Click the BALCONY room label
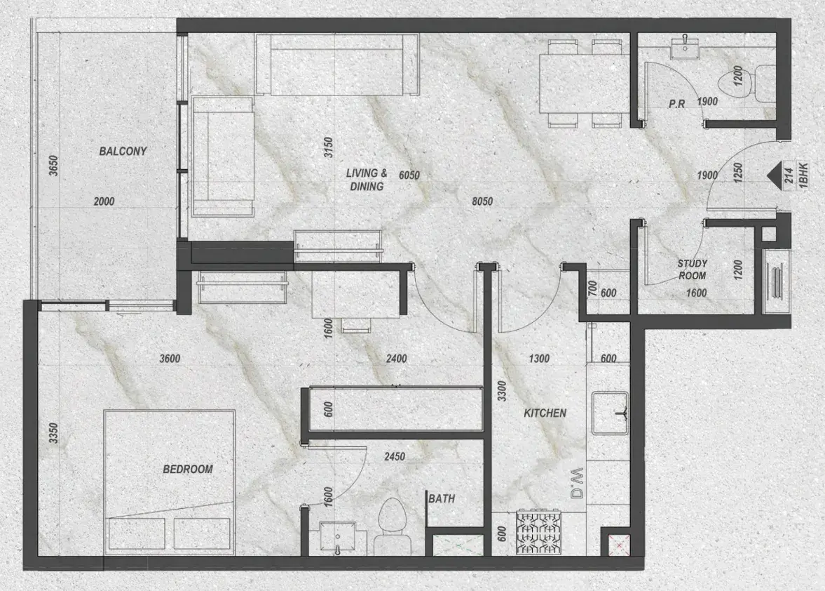[x=123, y=151]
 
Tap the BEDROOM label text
[x=188, y=469]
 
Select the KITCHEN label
[x=545, y=413]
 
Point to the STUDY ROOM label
[x=692, y=269]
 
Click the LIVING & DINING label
[x=367, y=180]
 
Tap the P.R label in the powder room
[x=676, y=105]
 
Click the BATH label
[x=442, y=498]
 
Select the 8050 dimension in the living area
[x=482, y=201]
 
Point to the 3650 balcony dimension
[x=53, y=166]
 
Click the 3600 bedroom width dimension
[x=170, y=359]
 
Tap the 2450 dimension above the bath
[x=395, y=456]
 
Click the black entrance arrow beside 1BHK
[x=773, y=176]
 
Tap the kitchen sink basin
[x=611, y=413]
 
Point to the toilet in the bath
[x=392, y=526]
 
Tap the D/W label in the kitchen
[x=577, y=483]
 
